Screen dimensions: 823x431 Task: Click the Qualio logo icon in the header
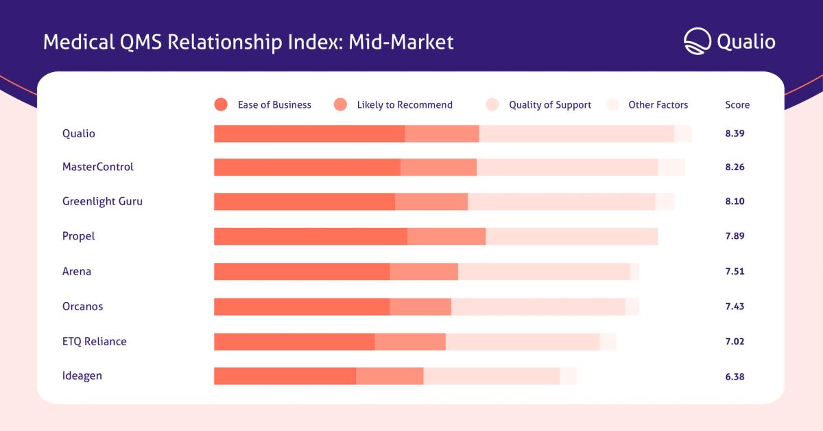[697, 41]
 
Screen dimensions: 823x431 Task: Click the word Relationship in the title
[225, 43]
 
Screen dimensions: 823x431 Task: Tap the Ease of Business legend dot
[221, 104]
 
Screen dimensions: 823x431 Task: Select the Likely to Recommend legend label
[405, 105]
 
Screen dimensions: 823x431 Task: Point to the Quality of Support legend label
[550, 105]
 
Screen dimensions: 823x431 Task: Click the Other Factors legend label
[658, 105]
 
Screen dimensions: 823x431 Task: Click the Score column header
[737, 105]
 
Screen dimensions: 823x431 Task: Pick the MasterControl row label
[97, 167]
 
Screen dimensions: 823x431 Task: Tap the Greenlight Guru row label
[102, 202]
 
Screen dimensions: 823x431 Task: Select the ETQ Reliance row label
[95, 342]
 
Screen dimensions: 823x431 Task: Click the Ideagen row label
[82, 376]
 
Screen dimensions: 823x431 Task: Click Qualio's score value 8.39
[735, 134]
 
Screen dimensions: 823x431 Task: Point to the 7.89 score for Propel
[735, 235]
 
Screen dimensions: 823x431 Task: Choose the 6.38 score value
[735, 377]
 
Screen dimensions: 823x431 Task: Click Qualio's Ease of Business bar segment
[309, 134]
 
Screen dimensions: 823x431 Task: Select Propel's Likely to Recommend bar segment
[446, 236]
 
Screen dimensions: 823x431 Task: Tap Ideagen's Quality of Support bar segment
[492, 376]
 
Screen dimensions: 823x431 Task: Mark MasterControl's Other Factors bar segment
[671, 167]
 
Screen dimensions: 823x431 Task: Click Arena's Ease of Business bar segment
[302, 271]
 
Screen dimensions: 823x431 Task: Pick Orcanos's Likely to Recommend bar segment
[420, 307]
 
